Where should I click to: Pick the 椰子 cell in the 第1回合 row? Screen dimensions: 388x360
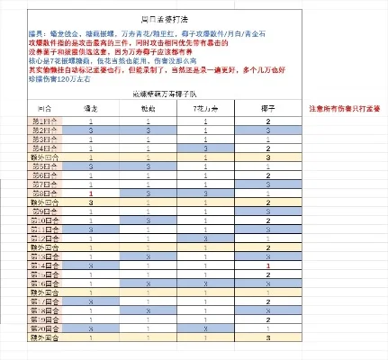click(268, 121)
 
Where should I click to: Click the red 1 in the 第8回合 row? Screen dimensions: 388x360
click(91, 193)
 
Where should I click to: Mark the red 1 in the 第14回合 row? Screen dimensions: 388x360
click(268, 265)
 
